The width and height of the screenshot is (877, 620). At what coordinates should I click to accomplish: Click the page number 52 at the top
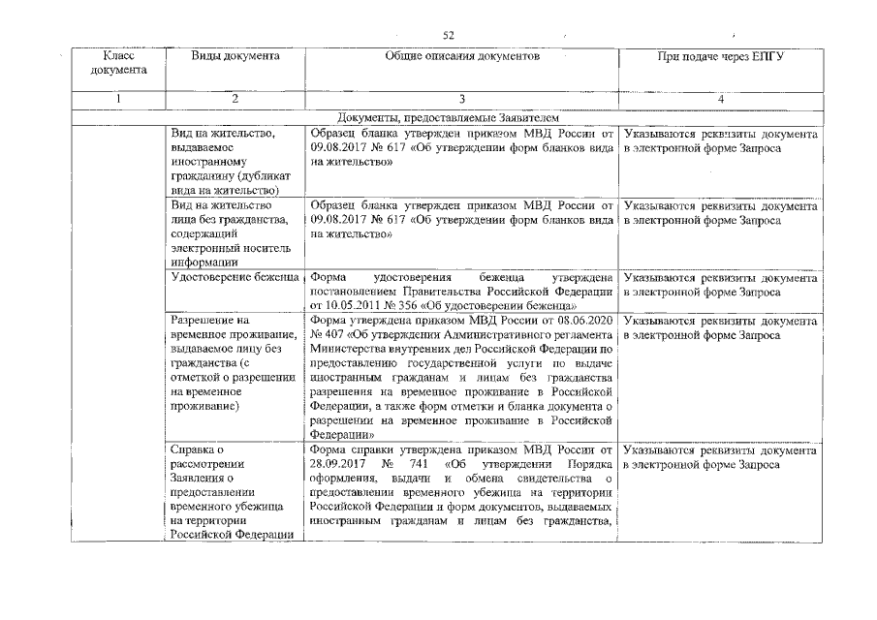pos(449,35)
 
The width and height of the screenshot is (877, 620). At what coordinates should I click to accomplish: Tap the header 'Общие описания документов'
pos(461,56)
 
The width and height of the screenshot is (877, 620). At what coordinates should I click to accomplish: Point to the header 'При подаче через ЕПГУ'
pos(720,56)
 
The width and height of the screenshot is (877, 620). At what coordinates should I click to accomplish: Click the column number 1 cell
pos(118,99)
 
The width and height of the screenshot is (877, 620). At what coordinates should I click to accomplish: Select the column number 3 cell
pos(461,99)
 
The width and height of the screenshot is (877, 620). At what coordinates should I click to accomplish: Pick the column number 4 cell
pos(720,99)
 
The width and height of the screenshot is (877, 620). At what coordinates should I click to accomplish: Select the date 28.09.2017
pos(335,464)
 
